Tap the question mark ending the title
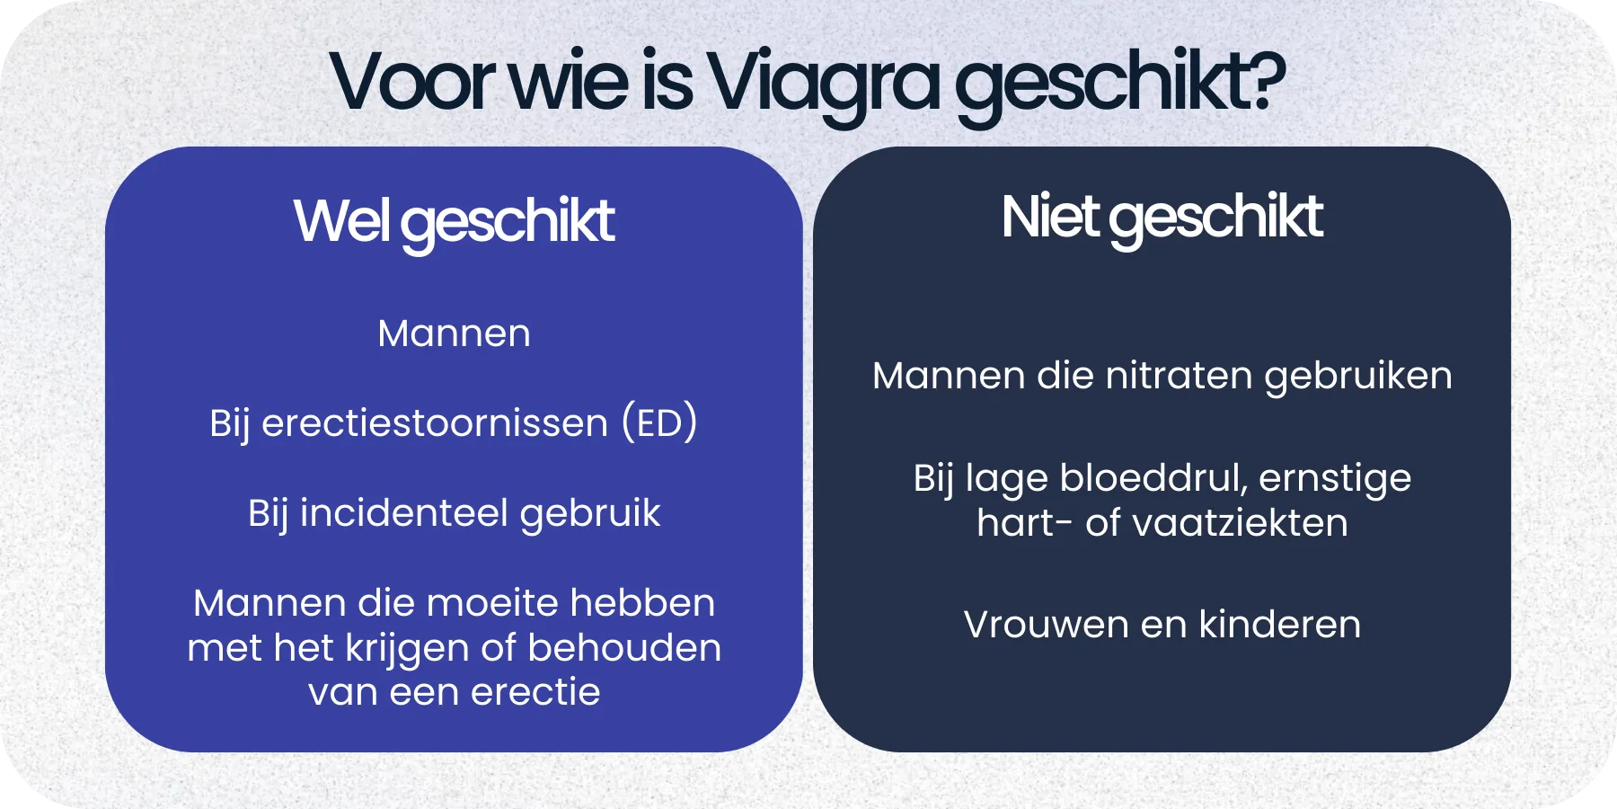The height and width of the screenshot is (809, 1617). click(1267, 81)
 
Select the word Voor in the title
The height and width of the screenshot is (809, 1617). click(412, 83)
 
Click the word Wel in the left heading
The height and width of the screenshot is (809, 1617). click(340, 221)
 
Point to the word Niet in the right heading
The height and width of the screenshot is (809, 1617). click(1049, 218)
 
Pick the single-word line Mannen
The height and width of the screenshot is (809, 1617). click(454, 333)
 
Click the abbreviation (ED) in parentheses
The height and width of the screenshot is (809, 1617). click(659, 422)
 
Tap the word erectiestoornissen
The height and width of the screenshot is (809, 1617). click(434, 422)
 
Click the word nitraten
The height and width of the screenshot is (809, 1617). click(1179, 376)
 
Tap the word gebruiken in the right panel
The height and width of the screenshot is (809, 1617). click(1357, 377)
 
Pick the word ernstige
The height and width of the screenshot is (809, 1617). click(1335, 479)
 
